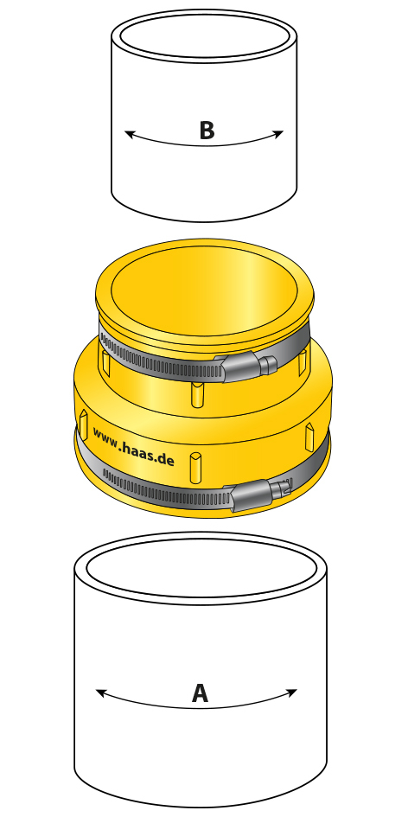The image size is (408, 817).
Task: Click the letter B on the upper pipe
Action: pos(207,131)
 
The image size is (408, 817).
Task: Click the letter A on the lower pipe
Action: pos(200,693)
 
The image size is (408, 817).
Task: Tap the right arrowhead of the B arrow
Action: pos(278,134)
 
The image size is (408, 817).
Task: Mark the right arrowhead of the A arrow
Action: pos(291,693)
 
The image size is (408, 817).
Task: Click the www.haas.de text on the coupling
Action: pos(133,445)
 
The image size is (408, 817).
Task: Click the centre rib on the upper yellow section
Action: pos(197,394)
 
